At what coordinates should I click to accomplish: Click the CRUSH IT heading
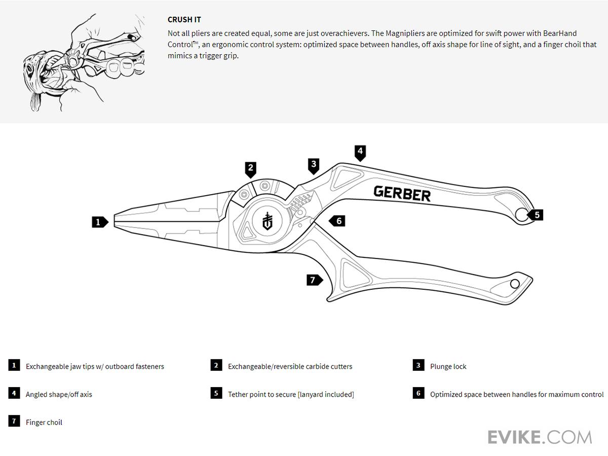point(184,20)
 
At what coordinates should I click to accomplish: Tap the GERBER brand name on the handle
point(402,194)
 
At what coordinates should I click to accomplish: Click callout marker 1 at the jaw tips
point(99,221)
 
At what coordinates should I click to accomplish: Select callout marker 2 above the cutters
point(250,168)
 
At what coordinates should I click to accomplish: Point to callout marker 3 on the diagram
point(314,165)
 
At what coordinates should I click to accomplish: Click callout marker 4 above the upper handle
point(360,151)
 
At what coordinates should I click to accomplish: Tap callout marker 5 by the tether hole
point(537,215)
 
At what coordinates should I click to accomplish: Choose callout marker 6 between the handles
point(338,221)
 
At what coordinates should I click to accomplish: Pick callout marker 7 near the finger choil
point(313,279)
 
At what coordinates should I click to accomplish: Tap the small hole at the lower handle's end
point(515,284)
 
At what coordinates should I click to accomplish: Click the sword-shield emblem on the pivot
point(268,221)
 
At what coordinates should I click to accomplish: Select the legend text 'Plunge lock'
point(448,366)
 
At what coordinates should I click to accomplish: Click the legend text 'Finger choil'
point(44,422)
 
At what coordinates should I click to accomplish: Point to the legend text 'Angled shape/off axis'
point(59,394)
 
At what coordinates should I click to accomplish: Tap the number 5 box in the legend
point(216,393)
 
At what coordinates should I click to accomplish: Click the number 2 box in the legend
point(216,365)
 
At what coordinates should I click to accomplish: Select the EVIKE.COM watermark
point(540,437)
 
